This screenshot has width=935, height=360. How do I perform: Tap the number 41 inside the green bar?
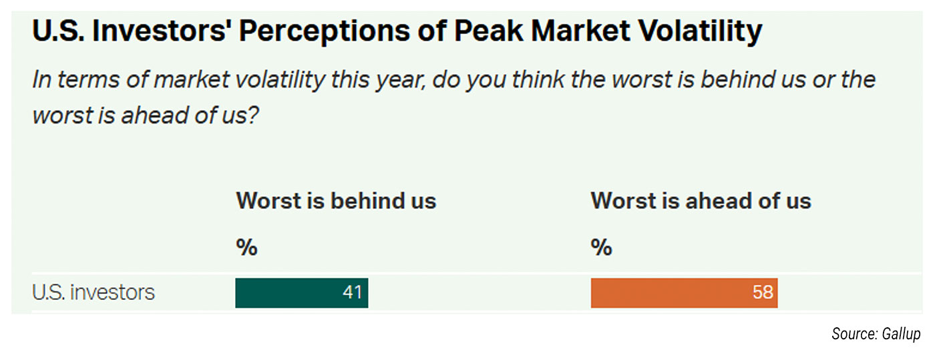tap(352, 293)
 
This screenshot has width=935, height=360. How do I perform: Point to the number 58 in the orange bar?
tap(762, 293)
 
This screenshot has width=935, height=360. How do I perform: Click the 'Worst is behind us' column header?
tap(336, 201)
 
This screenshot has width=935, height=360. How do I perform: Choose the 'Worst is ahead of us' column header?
tap(701, 201)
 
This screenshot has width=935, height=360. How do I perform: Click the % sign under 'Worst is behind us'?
tap(246, 248)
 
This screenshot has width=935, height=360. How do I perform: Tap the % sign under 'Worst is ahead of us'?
tap(601, 248)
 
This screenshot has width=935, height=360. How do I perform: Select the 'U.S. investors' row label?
tap(93, 293)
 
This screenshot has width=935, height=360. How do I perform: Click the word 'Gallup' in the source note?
tap(900, 334)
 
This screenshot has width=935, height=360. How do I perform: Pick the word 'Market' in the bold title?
tap(578, 31)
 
